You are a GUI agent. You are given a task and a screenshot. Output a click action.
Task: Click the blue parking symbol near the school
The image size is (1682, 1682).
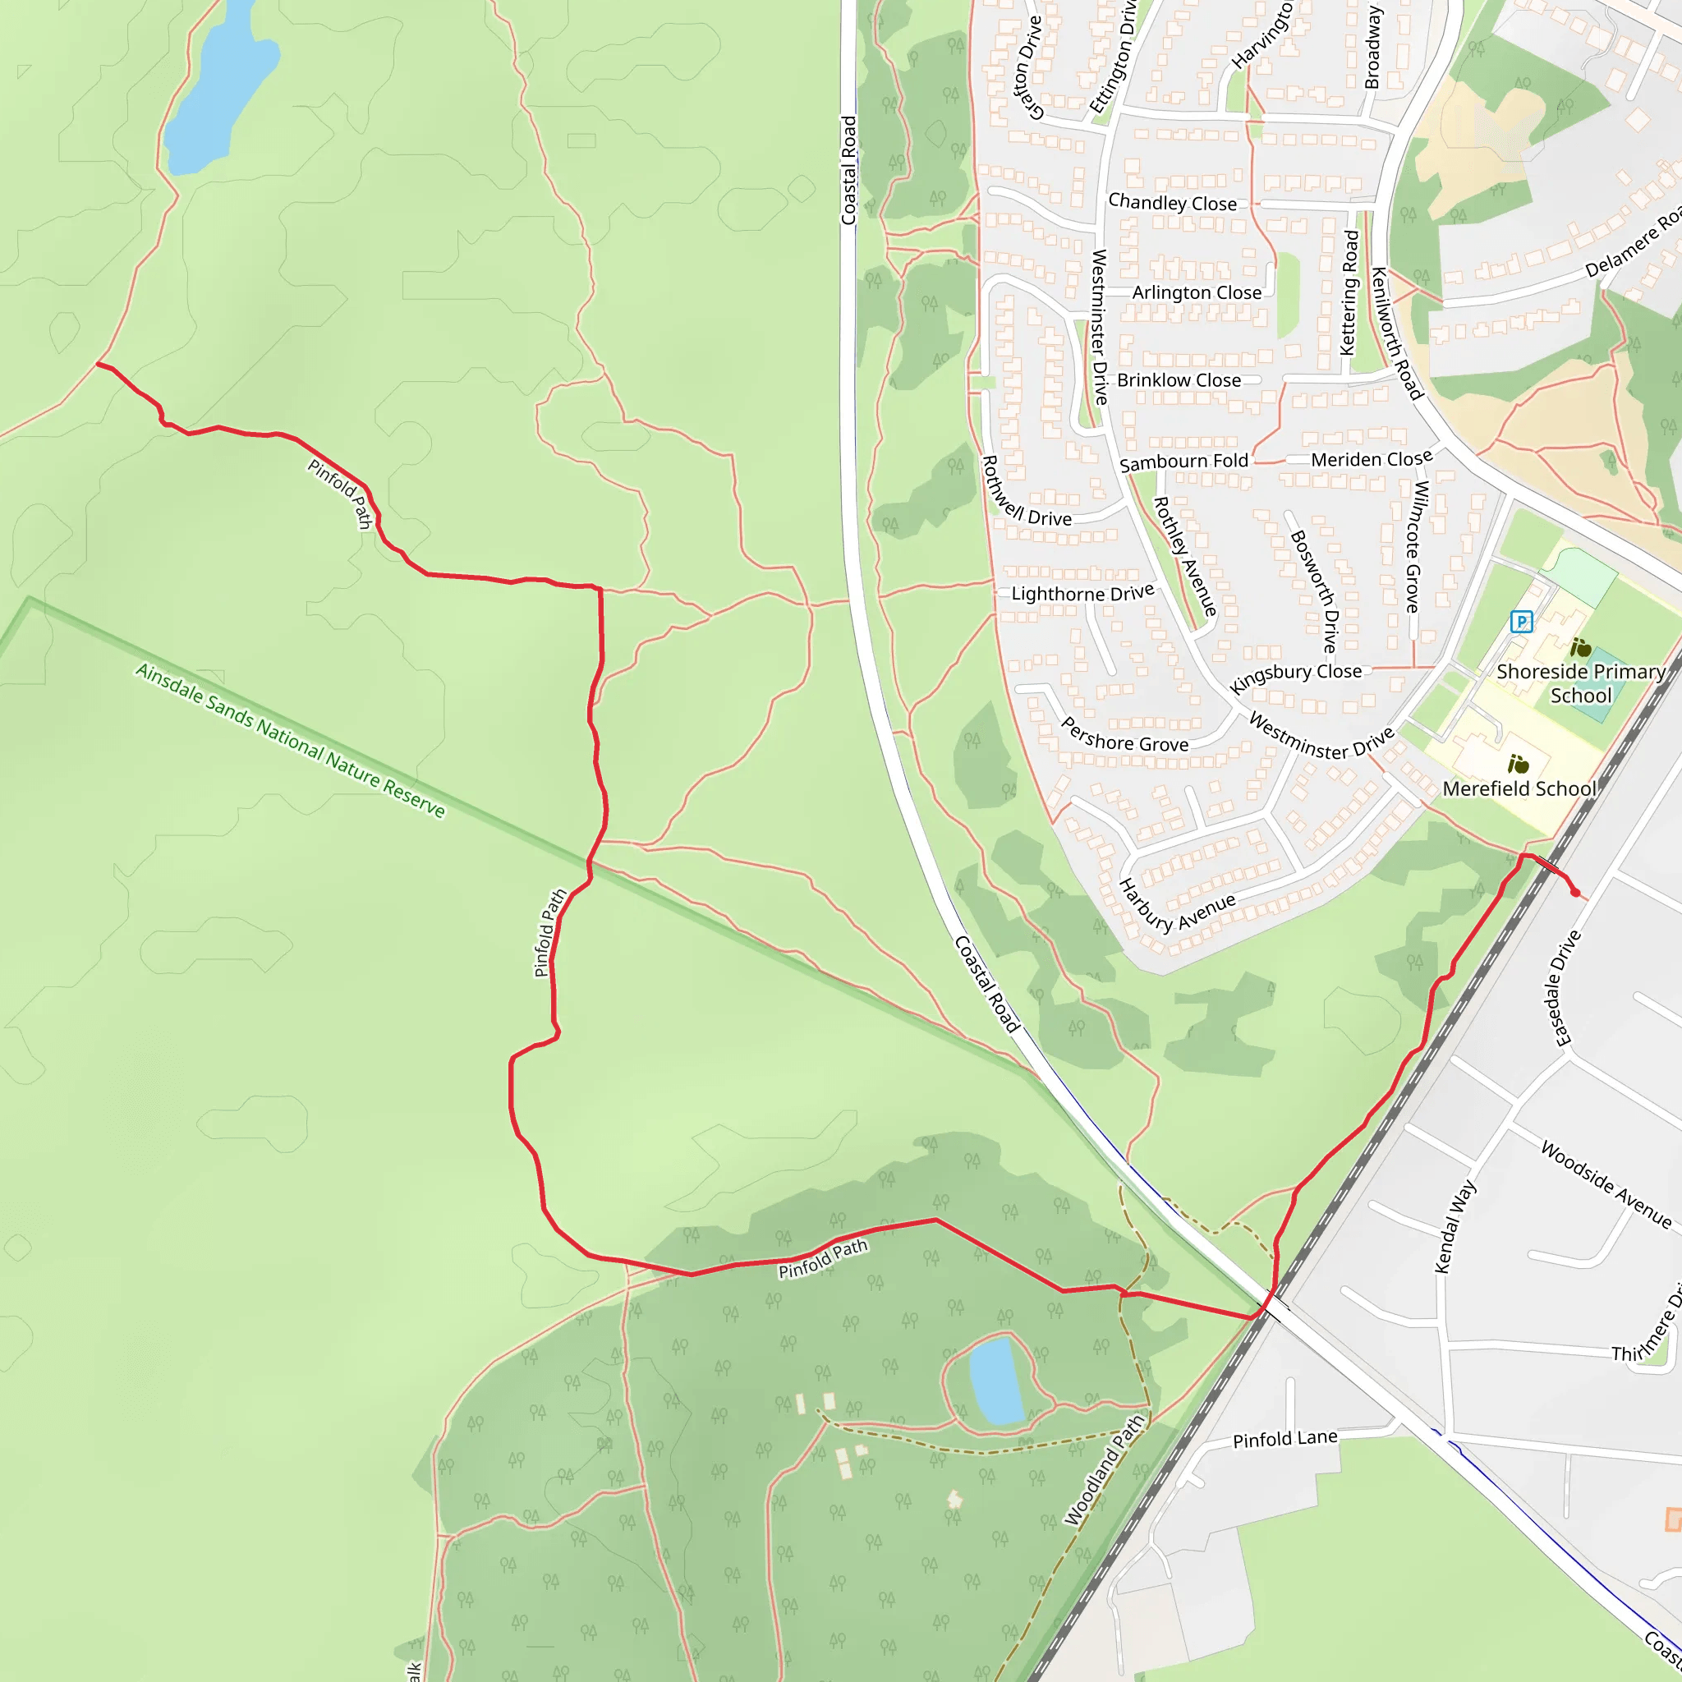point(1521,622)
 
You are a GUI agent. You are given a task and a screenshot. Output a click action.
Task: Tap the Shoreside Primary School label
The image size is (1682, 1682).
point(1580,683)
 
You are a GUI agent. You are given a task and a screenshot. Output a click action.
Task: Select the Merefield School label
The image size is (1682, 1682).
point(1519,788)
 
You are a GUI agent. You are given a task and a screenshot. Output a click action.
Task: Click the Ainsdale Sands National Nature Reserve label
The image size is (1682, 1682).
point(290,741)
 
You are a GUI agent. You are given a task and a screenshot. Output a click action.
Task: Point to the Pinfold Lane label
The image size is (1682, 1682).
point(1285,1439)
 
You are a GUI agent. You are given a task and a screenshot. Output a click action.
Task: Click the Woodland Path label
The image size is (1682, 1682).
point(1103,1470)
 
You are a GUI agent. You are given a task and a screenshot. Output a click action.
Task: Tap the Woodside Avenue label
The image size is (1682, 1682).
point(1606,1185)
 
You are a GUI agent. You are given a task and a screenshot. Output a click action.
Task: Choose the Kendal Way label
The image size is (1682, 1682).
point(1455,1227)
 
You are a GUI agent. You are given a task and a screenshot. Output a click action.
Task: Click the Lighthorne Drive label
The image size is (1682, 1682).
point(1082,594)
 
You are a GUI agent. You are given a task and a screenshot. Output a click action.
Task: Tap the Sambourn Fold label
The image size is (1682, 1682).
point(1183,462)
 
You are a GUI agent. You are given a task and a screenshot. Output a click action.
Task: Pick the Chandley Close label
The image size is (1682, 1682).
point(1172,203)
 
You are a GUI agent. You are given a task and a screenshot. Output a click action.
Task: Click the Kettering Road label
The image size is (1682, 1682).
point(1349,292)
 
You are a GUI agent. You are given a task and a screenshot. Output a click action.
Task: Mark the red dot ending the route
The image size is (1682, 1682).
point(1575,893)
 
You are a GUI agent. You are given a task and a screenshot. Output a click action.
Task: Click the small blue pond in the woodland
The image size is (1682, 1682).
point(996,1381)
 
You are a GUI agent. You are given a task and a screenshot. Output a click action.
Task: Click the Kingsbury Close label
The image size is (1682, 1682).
point(1294,677)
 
